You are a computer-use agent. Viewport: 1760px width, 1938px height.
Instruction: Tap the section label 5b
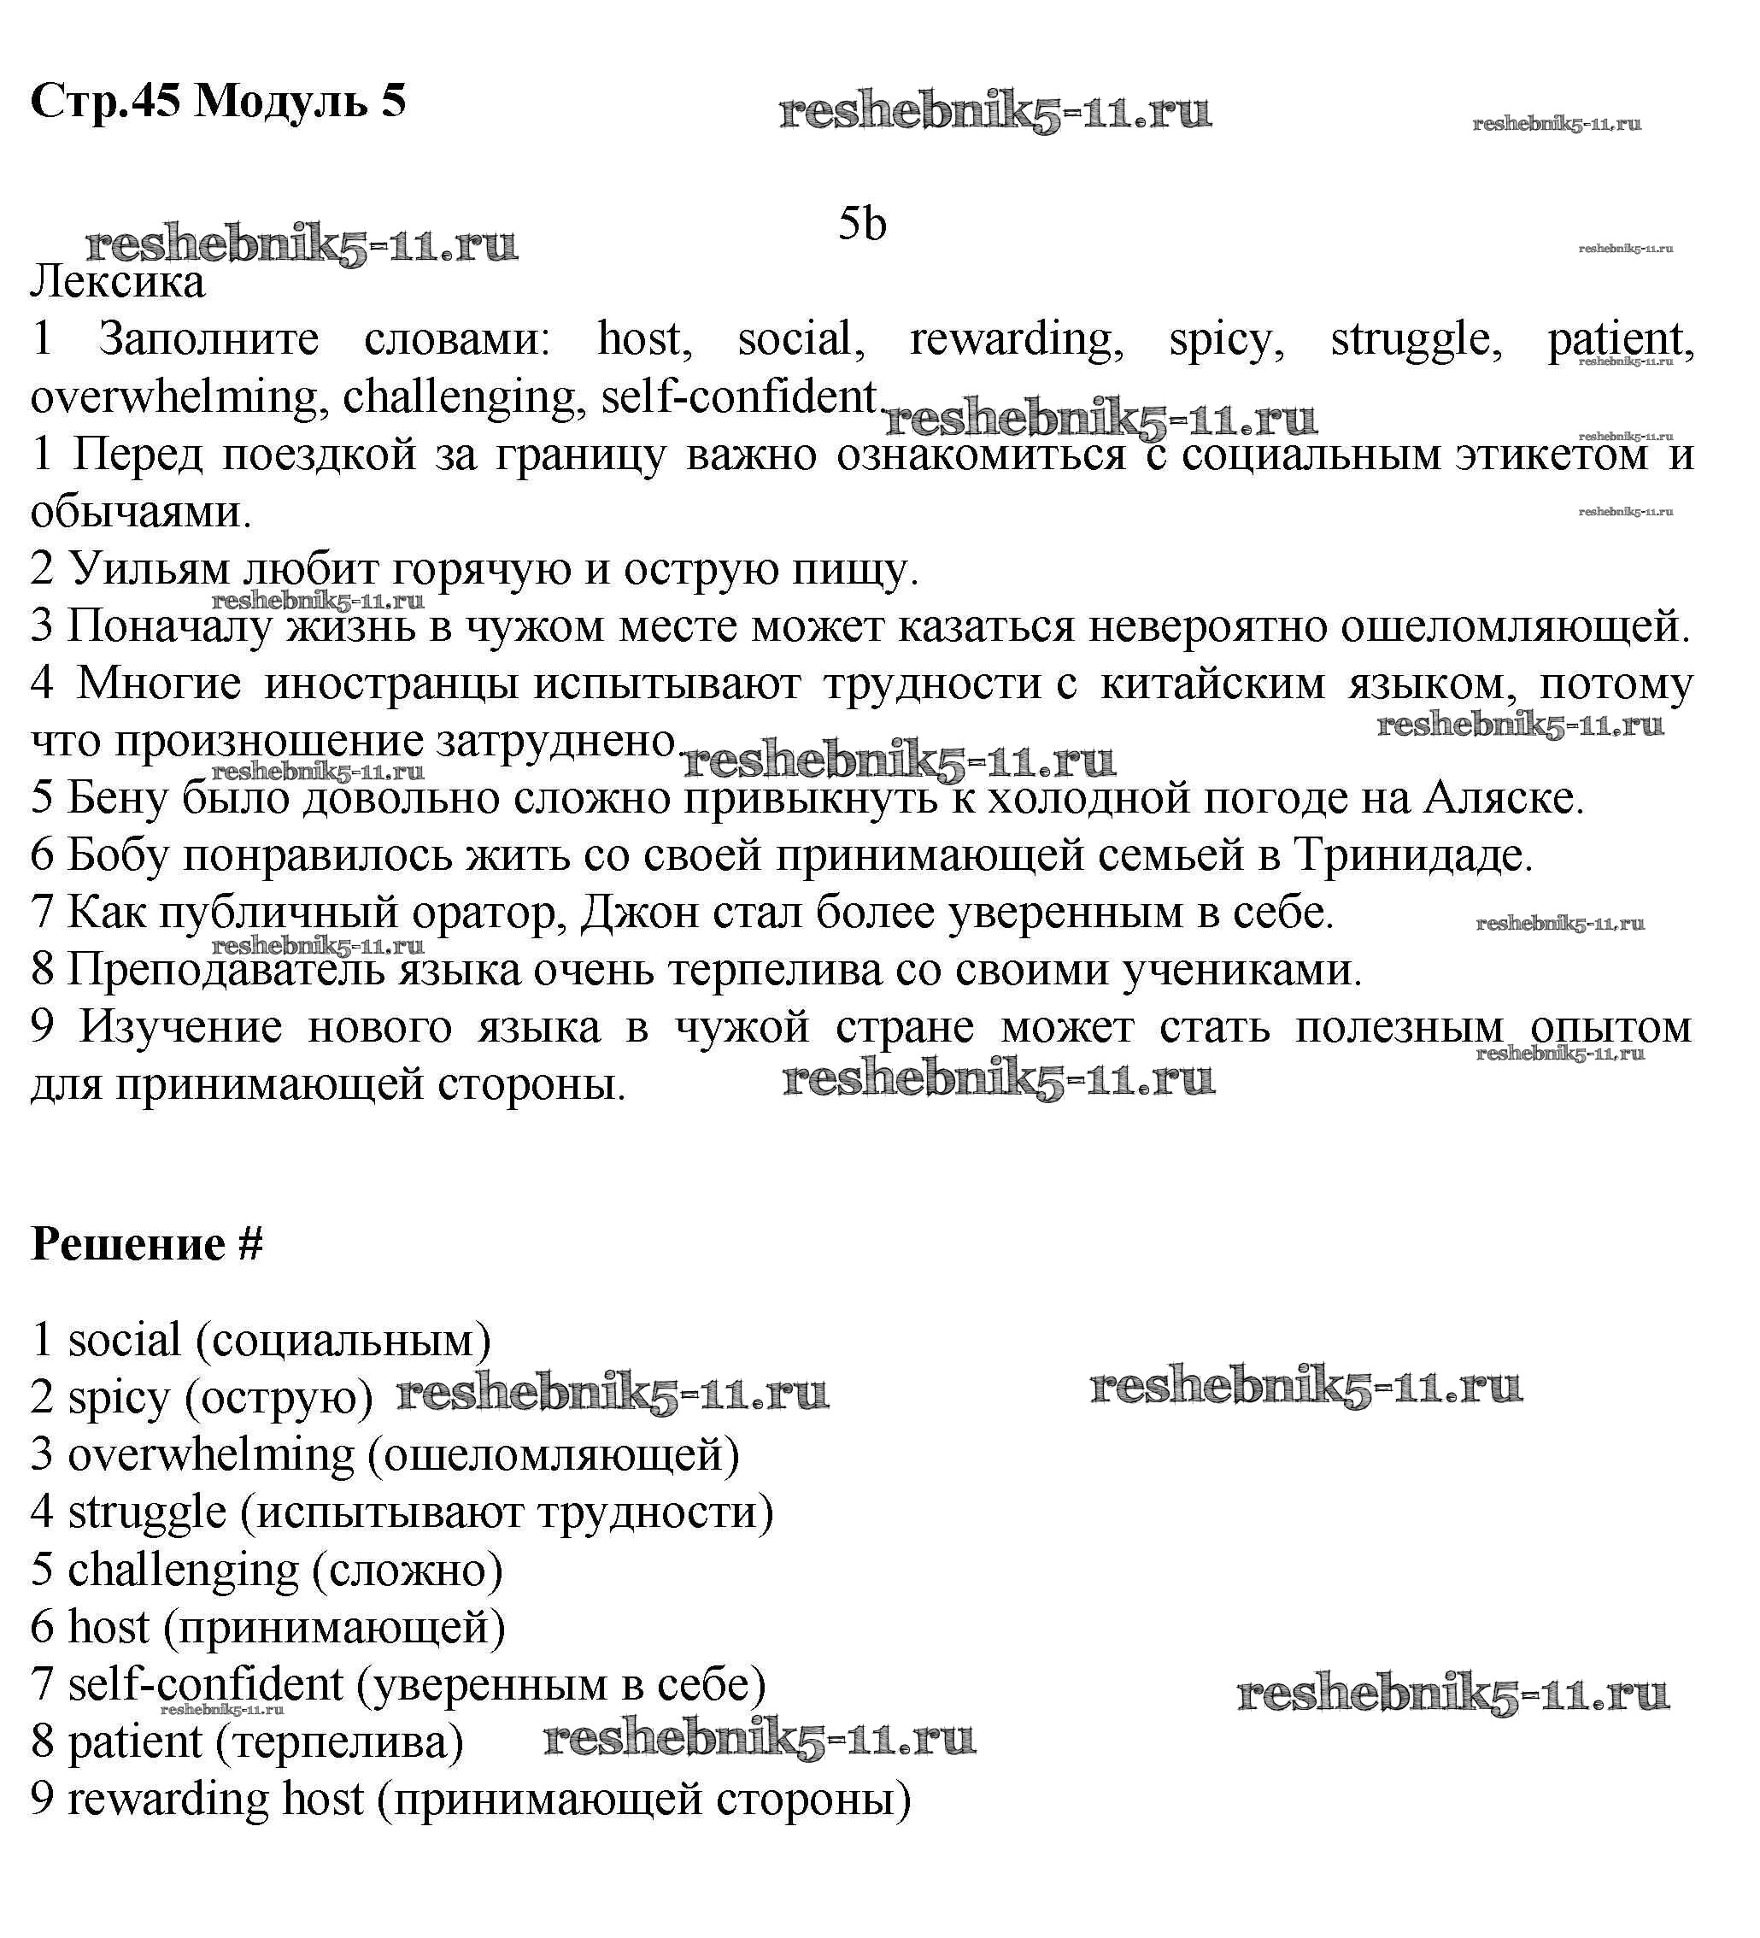tap(861, 224)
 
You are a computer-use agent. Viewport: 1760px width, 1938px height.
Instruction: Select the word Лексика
tap(117, 283)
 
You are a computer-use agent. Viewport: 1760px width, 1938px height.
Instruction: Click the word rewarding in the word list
tap(1016, 339)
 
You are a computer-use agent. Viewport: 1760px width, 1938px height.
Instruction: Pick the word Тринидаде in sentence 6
tap(1413, 854)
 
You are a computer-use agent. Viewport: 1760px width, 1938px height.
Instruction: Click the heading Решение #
tap(147, 1244)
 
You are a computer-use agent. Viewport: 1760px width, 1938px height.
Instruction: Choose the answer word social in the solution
tap(124, 1340)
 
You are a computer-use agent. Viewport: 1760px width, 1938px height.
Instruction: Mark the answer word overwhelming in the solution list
tap(210, 1455)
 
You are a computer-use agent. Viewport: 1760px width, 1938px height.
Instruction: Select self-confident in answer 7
tap(205, 1685)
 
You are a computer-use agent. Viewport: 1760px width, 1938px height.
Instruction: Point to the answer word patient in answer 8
tap(135, 1741)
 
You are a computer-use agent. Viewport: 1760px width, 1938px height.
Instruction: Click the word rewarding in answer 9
tap(168, 1800)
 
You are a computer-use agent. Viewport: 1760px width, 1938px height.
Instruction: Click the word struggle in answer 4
tap(147, 1513)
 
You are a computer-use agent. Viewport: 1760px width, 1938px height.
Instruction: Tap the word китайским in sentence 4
tap(1211, 684)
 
